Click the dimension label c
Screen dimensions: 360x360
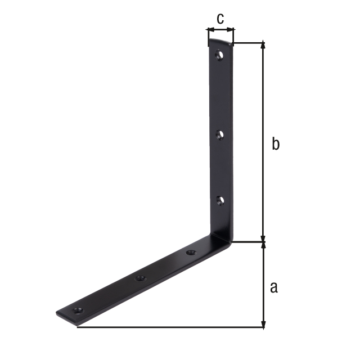point(220,19)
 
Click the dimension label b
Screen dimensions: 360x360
point(276,143)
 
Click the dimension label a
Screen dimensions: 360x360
point(274,287)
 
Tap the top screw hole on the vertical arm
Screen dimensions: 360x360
point(220,55)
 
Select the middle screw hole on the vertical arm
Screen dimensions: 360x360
point(220,135)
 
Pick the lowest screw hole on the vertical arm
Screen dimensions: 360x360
point(220,200)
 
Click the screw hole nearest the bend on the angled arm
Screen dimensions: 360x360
point(191,253)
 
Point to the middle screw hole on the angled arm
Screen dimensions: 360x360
point(141,279)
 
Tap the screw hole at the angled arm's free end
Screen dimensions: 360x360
point(78,311)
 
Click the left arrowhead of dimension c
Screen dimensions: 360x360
point(210,30)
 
